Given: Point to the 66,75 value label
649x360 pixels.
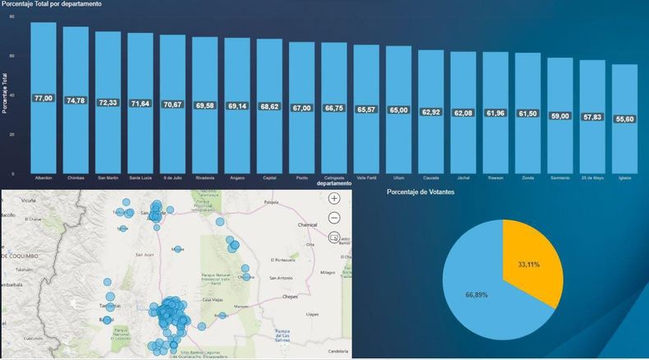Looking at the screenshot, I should [334, 108].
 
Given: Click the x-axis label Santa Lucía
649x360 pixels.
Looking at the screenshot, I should [140, 178].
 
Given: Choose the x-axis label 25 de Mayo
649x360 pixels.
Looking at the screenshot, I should [592, 178].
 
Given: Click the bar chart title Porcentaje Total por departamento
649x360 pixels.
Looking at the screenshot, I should [52, 5].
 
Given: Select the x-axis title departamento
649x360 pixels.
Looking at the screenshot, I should [334, 183].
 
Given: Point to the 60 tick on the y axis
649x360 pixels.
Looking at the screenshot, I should [12, 56].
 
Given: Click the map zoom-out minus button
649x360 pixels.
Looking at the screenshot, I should [334, 218].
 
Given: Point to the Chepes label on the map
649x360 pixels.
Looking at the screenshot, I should [289, 296].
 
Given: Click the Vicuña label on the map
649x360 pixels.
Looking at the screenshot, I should [29, 200].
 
